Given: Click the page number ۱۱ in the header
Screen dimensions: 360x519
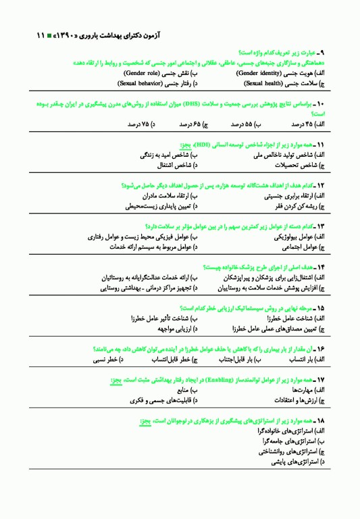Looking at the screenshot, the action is coord(27,34).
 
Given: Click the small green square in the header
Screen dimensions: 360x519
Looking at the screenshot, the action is coord(40,34).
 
